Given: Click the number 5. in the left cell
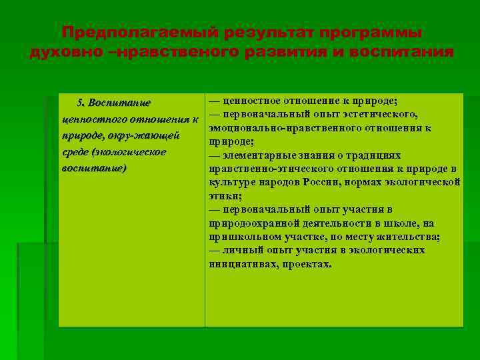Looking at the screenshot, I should (x=81, y=103).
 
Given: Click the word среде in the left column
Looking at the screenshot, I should (x=75, y=152).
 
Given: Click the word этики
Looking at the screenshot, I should (x=225, y=196).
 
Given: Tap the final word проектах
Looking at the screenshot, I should (x=307, y=264).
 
